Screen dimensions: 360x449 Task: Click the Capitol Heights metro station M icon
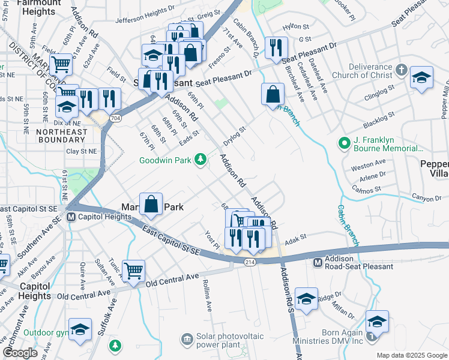click(x=71, y=217)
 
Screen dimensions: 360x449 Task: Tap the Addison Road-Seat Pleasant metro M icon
click(x=319, y=262)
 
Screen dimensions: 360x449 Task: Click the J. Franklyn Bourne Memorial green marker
click(x=344, y=143)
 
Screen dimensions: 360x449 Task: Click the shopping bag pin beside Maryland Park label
click(x=152, y=205)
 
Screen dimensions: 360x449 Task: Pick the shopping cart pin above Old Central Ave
click(x=133, y=271)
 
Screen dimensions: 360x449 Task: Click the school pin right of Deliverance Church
click(x=422, y=79)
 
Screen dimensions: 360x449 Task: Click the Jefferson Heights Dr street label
click(x=140, y=19)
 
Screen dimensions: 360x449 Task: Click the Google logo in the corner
click(x=20, y=353)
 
